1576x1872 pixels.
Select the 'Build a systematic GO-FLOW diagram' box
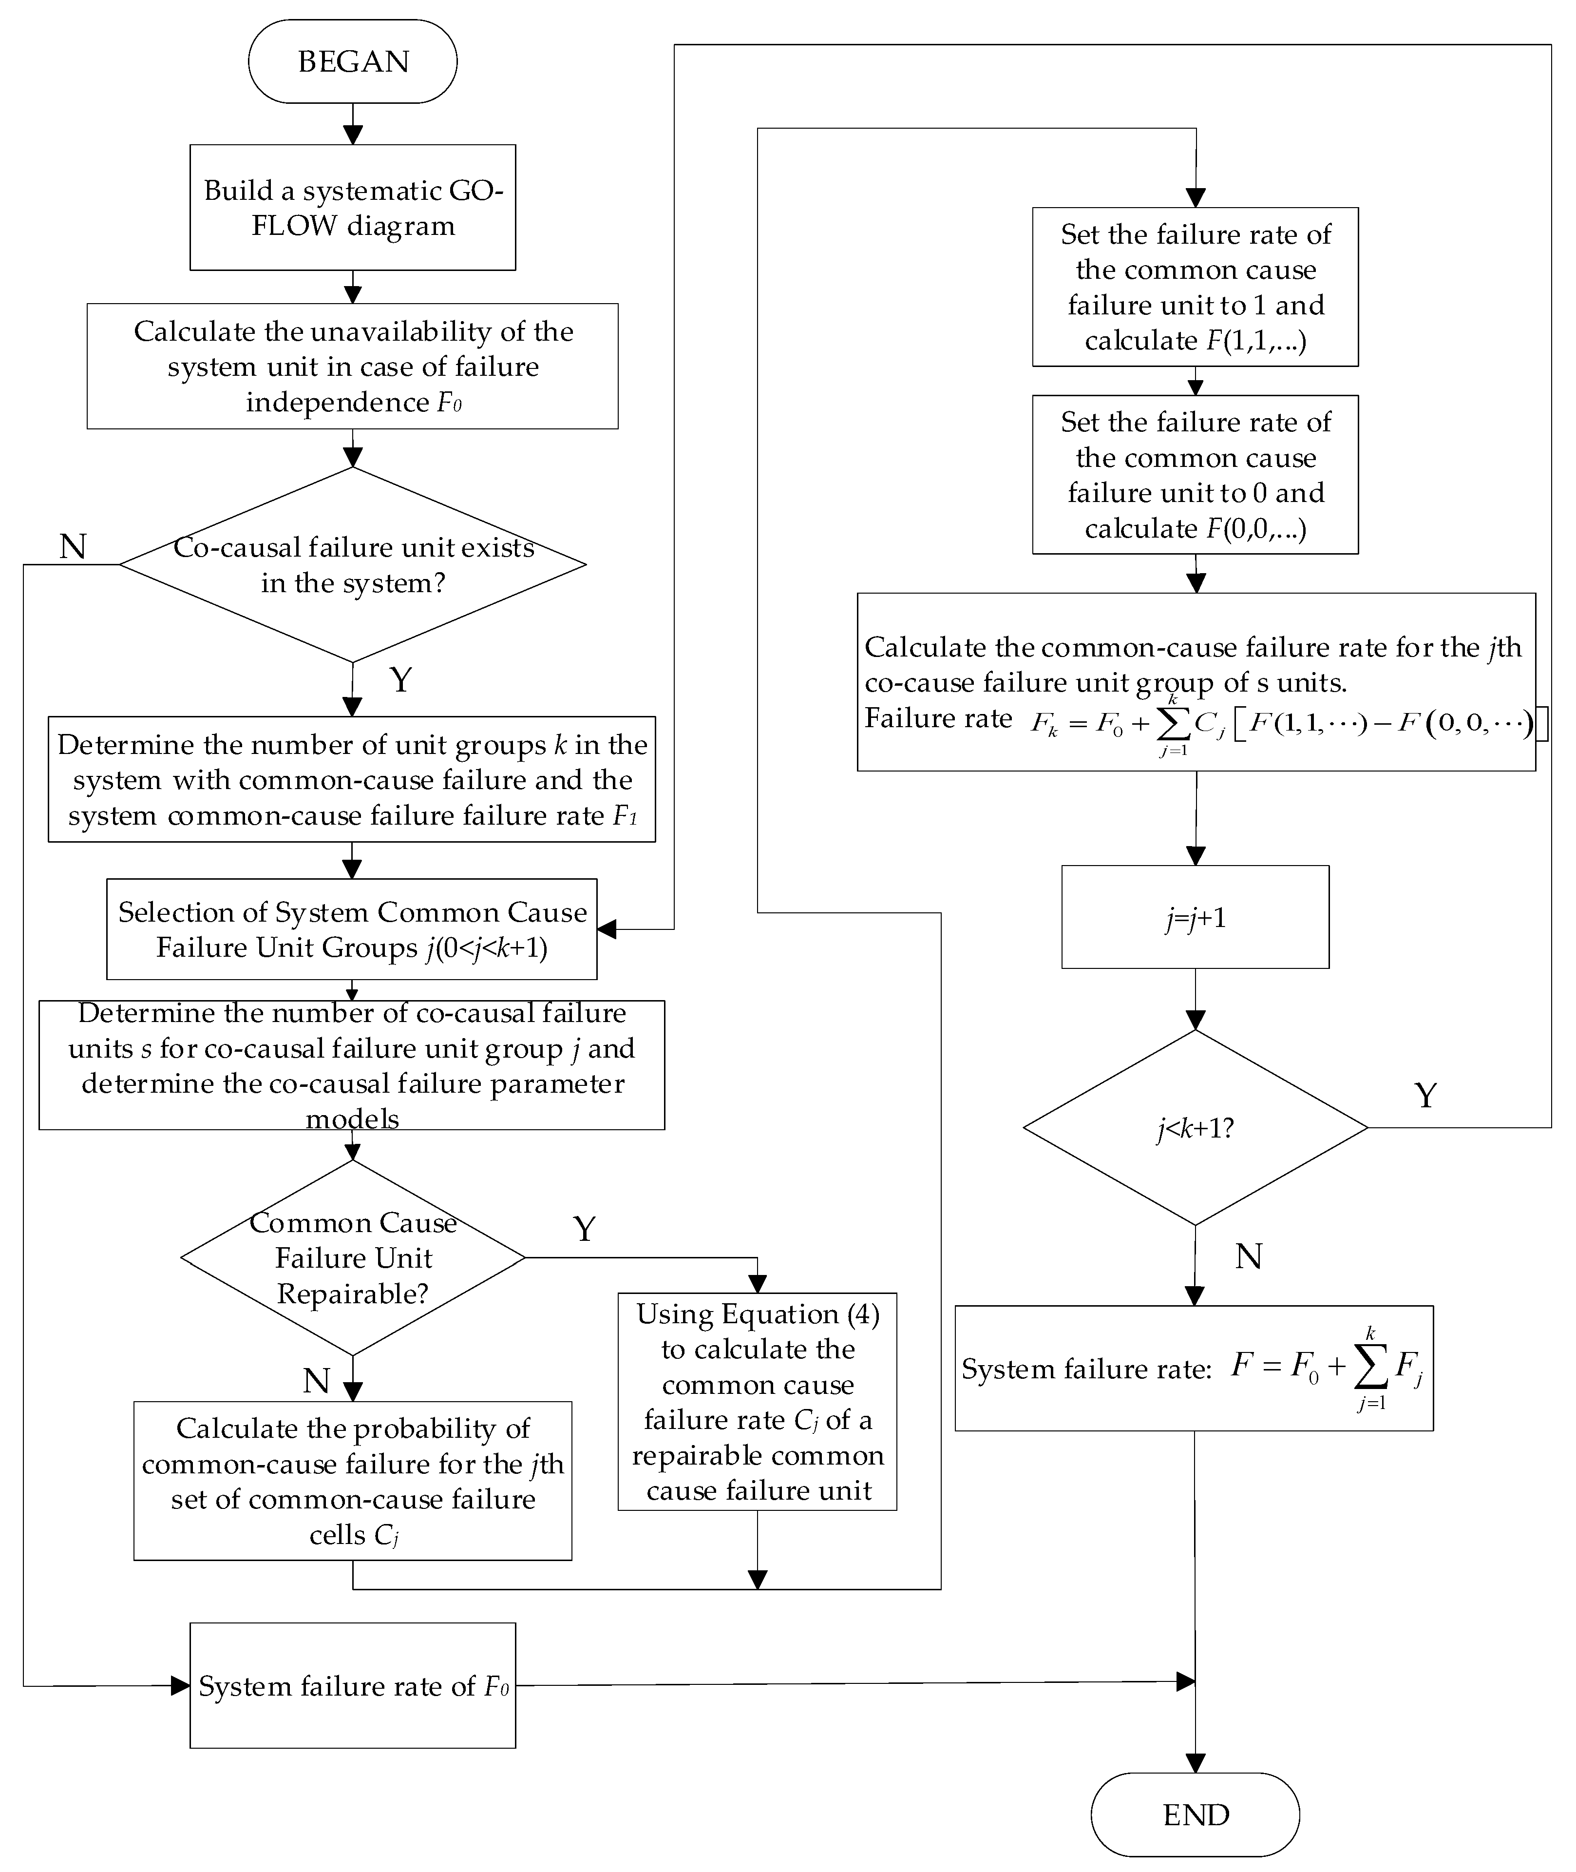click(352, 207)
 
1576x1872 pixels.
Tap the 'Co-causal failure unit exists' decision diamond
click(352, 565)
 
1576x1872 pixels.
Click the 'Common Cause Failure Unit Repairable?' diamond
click(352, 1257)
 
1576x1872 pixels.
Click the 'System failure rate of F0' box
click(352, 1686)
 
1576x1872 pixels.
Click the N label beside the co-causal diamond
click(73, 546)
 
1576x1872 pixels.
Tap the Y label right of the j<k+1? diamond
click(1426, 1096)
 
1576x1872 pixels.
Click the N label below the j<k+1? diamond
click(1248, 1257)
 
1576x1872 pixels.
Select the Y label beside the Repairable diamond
click(584, 1230)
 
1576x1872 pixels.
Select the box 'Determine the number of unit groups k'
click(352, 779)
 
